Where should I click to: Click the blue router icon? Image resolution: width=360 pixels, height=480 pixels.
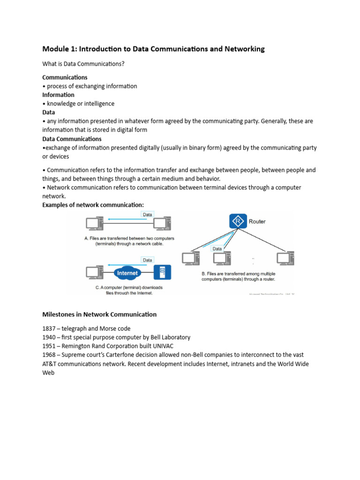tap(238, 221)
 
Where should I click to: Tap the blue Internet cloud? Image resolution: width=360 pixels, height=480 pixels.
tap(127, 273)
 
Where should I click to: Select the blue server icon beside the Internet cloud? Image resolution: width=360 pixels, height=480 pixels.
tap(163, 272)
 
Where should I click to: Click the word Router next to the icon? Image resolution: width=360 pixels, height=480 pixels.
tap(257, 221)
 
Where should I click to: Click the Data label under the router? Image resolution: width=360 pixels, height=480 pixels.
tap(217, 249)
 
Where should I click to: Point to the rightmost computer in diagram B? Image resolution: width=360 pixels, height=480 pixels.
tap(284, 258)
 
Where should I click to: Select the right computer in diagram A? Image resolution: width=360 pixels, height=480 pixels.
tap(163, 224)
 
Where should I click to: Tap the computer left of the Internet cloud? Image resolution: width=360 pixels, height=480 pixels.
tap(94, 272)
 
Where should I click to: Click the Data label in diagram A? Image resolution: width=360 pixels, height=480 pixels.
tap(147, 214)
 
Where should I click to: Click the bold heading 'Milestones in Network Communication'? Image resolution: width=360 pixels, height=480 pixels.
tap(99, 315)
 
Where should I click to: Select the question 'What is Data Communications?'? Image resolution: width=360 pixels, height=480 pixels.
tap(83, 64)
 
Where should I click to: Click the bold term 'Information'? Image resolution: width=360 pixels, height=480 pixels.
tap(58, 95)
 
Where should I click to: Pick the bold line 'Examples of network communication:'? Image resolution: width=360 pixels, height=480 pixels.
tap(93, 205)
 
